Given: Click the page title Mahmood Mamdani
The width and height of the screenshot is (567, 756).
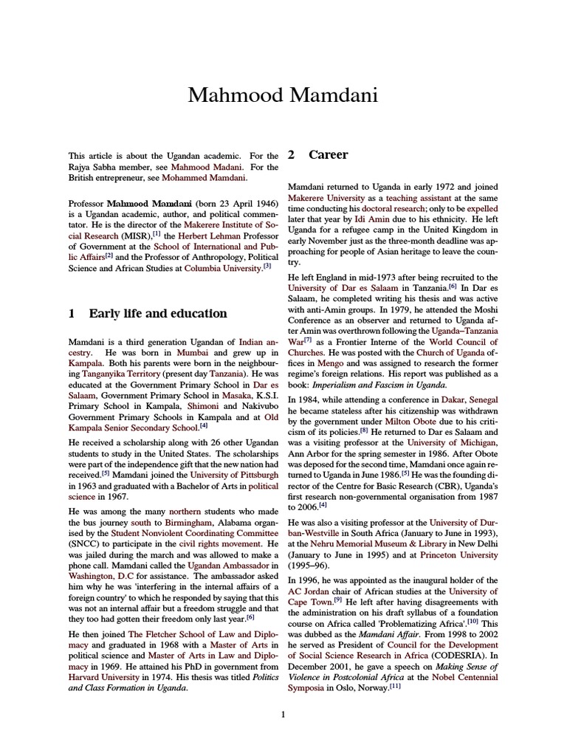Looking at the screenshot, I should click(283, 95).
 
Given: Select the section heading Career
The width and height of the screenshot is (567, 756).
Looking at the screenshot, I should click(329, 155).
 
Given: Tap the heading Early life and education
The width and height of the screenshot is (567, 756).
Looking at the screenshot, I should click(157, 313).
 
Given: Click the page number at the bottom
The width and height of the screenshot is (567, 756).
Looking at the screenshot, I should click(283, 714).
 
